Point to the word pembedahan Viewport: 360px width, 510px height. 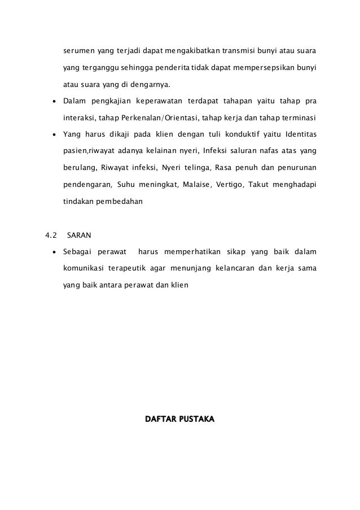120,200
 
